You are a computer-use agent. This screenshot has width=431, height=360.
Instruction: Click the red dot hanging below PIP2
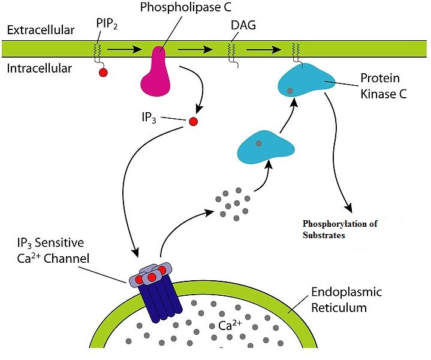[103, 73]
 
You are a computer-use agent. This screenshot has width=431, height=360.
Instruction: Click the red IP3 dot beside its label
[193, 122]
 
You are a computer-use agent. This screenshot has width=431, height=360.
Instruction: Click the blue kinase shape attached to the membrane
[306, 83]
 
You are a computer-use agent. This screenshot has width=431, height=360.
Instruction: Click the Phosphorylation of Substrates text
[340, 229]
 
